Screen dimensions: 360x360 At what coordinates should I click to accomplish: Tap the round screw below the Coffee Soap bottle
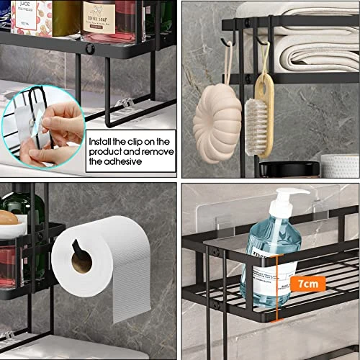click(x=91, y=49)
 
